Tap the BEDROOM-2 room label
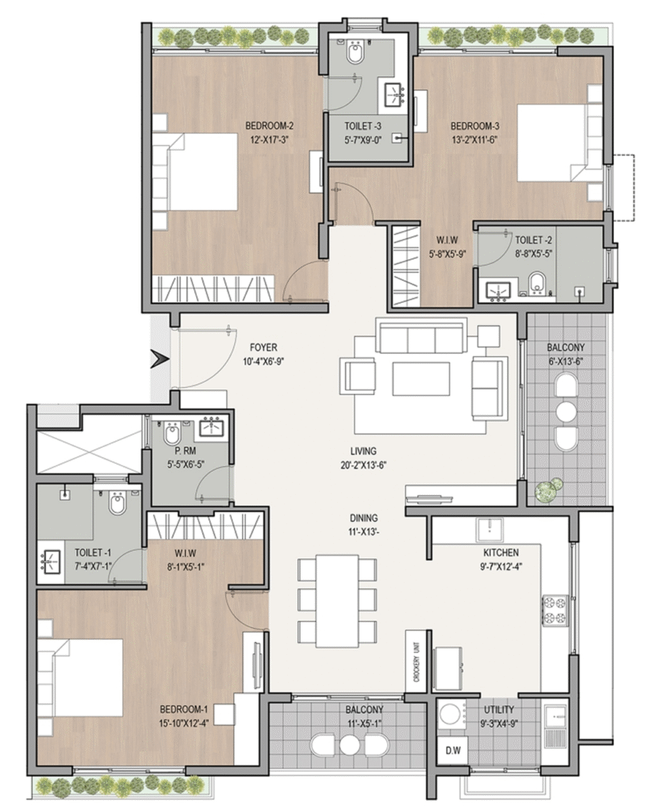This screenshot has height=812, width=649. tap(269, 126)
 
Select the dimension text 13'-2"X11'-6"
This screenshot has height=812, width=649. tap(474, 139)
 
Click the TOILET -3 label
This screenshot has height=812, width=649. tap(363, 126)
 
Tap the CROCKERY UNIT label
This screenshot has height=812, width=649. tap(417, 662)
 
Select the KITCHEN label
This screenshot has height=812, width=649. tap(501, 553)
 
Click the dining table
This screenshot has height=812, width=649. tap(337, 601)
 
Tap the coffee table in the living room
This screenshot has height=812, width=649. tap(421, 379)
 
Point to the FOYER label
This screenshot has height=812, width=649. tap(263, 347)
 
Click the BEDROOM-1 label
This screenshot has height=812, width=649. tap(184, 709)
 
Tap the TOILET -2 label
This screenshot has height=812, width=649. tap(533, 240)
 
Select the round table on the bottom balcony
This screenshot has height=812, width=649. tap(348, 746)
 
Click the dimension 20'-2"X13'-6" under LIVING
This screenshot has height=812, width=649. tap(363, 465)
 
